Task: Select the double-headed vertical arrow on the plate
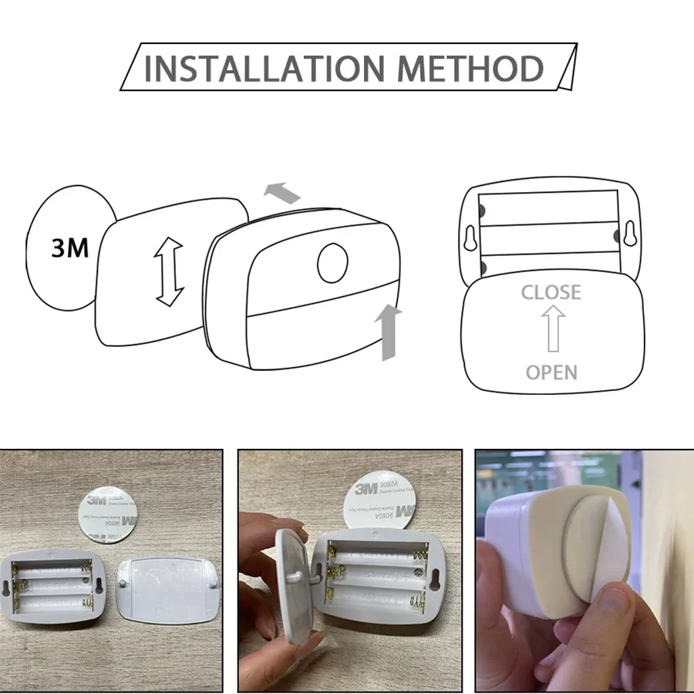(169, 272)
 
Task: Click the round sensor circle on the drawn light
(332, 263)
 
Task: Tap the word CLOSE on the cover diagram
(551, 293)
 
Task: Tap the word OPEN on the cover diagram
(551, 372)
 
